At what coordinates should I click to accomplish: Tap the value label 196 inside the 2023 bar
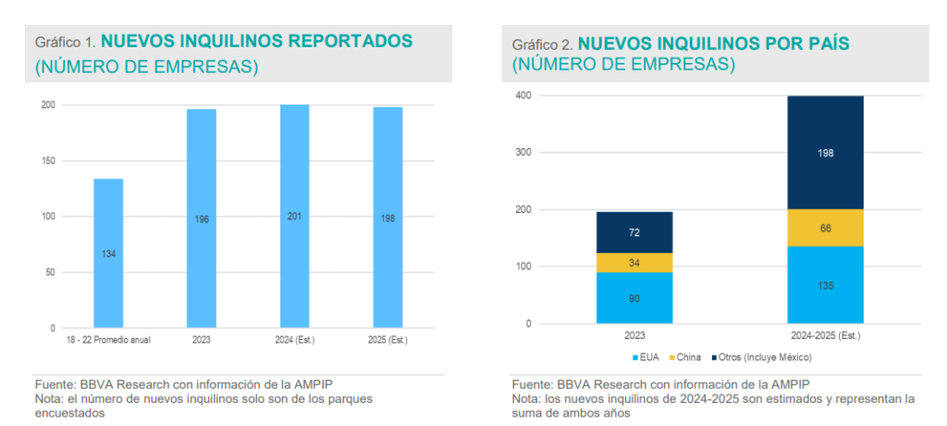(202, 219)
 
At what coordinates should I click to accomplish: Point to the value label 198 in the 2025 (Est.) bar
(387, 219)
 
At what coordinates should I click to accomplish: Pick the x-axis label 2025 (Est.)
(387, 340)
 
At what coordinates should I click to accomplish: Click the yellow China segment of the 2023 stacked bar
(634, 262)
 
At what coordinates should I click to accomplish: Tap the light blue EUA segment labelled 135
(826, 284)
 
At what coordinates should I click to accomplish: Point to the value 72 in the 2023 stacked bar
(634, 232)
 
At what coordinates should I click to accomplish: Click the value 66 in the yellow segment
(826, 228)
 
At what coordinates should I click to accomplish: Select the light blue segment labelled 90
(634, 297)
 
